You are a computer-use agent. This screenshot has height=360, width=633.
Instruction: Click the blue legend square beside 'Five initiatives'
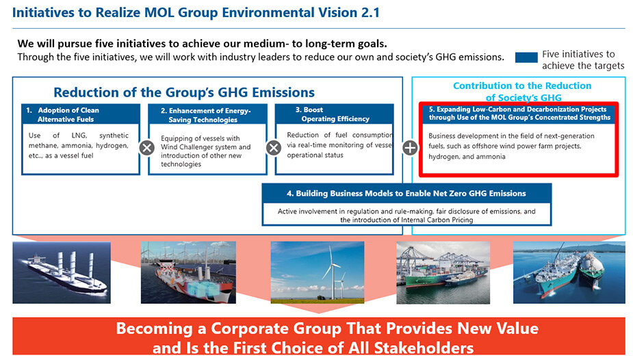(526, 57)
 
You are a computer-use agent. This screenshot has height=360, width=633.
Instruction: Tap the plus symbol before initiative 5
(410, 148)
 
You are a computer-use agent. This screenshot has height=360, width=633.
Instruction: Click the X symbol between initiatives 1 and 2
(147, 148)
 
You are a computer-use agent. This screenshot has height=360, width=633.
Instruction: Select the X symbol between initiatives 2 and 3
(274, 148)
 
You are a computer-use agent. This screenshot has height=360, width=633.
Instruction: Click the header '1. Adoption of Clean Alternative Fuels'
(81, 114)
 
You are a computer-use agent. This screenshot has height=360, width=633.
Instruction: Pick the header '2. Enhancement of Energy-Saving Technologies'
(207, 114)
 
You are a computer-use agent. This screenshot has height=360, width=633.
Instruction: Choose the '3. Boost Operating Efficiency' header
(334, 114)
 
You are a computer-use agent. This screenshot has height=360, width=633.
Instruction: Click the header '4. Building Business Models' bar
(406, 193)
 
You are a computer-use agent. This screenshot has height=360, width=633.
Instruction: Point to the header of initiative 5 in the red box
(519, 113)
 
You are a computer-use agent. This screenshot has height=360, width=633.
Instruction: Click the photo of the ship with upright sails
(62, 272)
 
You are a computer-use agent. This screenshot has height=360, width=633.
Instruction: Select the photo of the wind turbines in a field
(318, 272)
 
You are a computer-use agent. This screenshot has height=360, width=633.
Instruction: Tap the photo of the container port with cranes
(443, 272)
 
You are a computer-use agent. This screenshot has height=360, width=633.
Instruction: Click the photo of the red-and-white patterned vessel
(188, 272)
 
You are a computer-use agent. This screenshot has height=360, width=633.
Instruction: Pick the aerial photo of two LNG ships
(569, 272)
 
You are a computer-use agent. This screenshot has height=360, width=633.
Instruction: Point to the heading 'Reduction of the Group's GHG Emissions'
(184, 92)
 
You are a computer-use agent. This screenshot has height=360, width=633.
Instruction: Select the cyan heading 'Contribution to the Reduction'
(522, 86)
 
